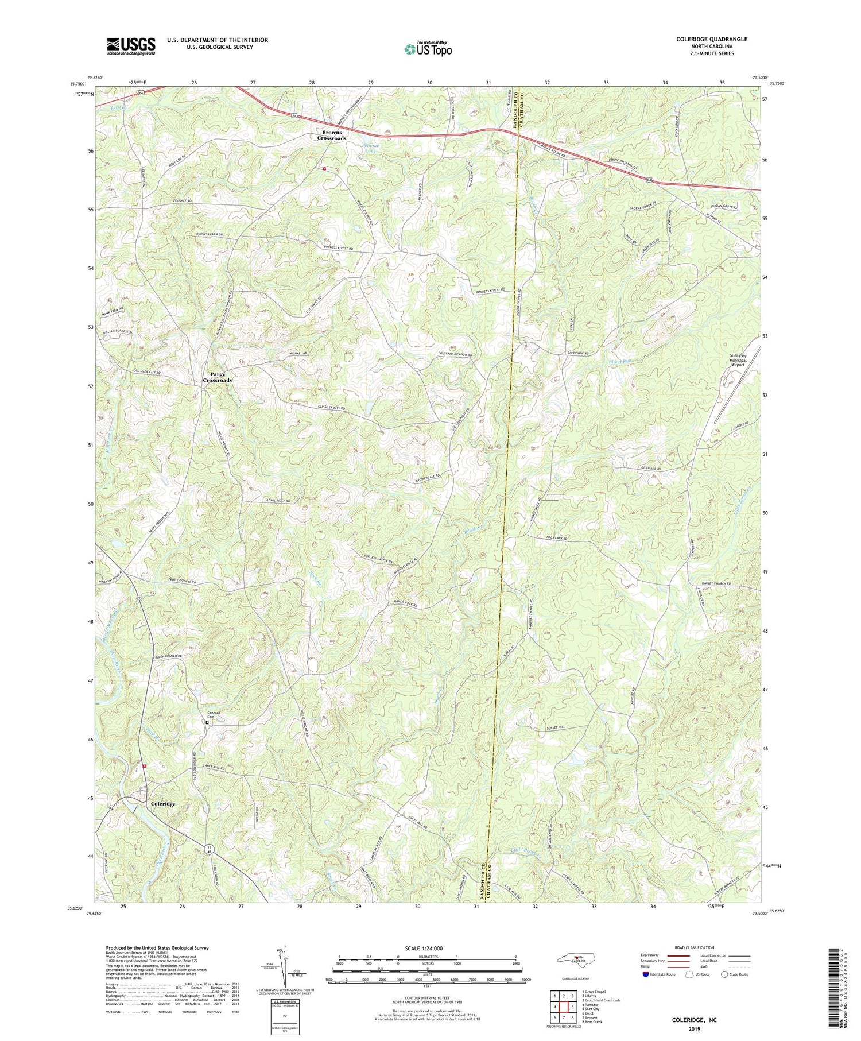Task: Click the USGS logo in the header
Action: [131, 46]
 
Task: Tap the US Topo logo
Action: [428, 48]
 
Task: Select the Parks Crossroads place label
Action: [217, 377]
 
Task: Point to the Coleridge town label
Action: [163, 804]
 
